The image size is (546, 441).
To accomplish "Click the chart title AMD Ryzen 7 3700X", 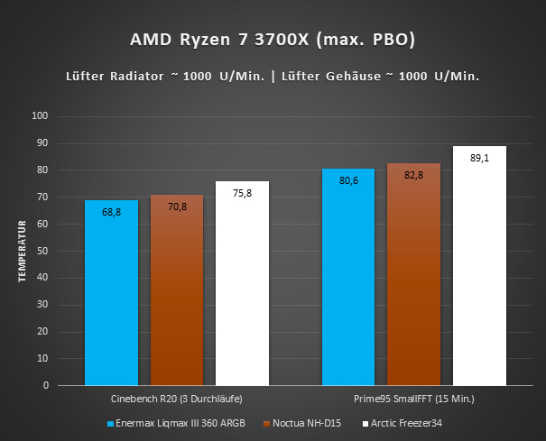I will click(x=272, y=41).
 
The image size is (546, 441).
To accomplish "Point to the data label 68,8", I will click(x=111, y=211).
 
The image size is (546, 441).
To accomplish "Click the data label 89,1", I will click(x=480, y=157).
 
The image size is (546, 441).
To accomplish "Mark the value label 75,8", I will click(x=243, y=192).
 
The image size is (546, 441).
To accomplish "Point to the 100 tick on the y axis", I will click(x=40, y=116).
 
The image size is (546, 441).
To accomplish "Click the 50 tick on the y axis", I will click(x=42, y=251).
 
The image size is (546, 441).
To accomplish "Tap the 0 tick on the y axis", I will click(x=45, y=385).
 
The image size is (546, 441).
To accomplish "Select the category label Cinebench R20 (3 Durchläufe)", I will click(x=177, y=399).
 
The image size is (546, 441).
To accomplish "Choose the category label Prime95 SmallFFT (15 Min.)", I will click(x=414, y=399).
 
